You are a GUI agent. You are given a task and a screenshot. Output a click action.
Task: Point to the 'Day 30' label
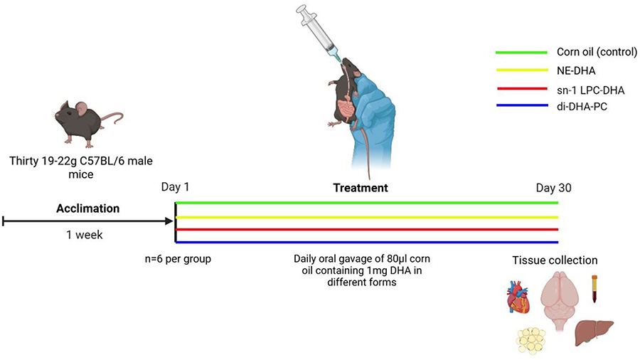tap(554, 189)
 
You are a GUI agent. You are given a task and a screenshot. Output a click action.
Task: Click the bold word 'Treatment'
tap(361, 189)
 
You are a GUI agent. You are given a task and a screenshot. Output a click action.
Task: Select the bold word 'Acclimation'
tap(88, 209)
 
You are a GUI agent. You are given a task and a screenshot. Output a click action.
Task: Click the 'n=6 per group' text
tap(177, 258)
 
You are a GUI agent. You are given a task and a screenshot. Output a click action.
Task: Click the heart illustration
tap(517, 297)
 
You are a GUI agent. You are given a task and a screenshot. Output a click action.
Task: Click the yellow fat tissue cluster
tap(530, 339)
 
